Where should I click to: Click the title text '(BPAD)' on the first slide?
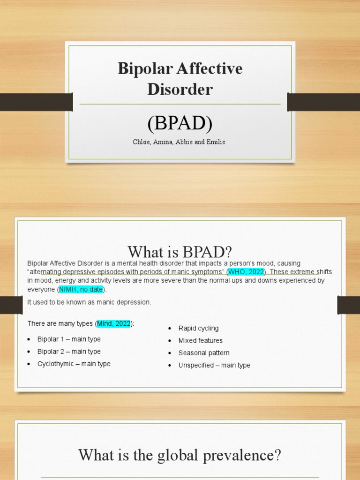(x=180, y=124)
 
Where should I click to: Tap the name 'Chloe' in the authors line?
(x=141, y=142)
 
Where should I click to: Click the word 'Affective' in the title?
(x=210, y=69)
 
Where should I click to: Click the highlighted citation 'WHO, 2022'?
(x=246, y=272)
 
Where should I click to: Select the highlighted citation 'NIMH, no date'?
(x=81, y=289)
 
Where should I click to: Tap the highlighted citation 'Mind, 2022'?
(x=113, y=323)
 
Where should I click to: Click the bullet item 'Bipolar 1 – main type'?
(x=69, y=339)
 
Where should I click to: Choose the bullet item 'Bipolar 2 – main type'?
(x=69, y=352)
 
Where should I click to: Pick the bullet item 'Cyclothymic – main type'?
(x=74, y=364)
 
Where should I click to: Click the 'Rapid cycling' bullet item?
(x=198, y=328)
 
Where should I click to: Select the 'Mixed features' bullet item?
(x=201, y=340)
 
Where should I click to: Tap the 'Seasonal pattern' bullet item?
(x=204, y=352)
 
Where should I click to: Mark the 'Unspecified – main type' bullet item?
(x=214, y=365)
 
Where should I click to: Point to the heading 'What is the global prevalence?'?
(x=180, y=455)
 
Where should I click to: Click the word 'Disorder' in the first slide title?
(x=180, y=89)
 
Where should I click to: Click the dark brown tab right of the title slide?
(x=323, y=102)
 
